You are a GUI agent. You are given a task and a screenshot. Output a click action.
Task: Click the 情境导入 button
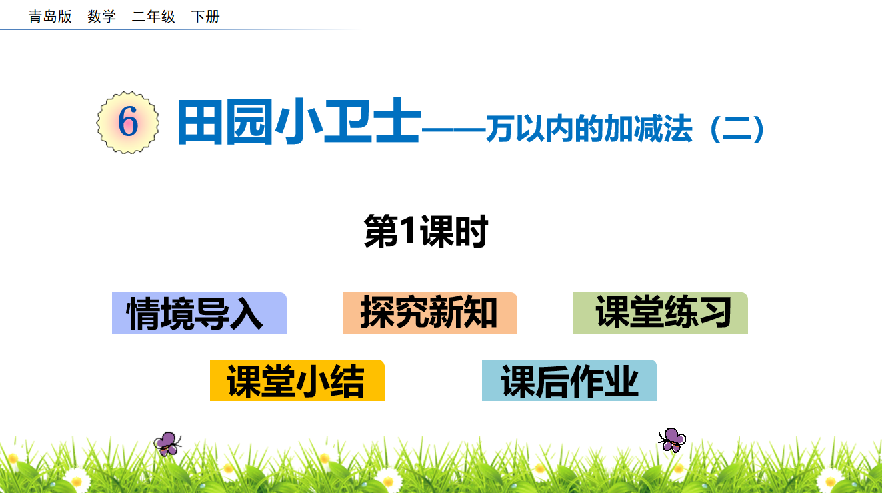[x=199, y=313]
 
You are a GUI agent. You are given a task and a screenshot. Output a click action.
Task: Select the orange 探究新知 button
[x=429, y=313]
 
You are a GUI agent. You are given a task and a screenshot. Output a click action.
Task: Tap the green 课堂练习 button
[x=660, y=313]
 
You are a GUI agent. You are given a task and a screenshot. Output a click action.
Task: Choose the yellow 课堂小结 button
[x=297, y=380]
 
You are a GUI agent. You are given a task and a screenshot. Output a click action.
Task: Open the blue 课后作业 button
[x=569, y=380]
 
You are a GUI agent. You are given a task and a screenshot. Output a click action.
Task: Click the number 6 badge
[x=128, y=123]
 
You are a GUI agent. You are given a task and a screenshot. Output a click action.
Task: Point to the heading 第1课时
[x=426, y=231]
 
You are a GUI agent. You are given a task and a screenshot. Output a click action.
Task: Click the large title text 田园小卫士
[x=299, y=122]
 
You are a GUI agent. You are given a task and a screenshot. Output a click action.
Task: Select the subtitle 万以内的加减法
[x=589, y=129]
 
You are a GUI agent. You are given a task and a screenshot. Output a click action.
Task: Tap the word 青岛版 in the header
[x=50, y=17]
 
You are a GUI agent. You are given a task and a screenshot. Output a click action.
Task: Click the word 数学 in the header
[x=101, y=17]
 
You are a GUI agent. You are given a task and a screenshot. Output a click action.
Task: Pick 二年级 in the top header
[x=153, y=17]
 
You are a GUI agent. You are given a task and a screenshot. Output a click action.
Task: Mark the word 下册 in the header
[x=205, y=17]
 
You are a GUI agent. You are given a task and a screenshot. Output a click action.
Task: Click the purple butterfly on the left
[x=167, y=444]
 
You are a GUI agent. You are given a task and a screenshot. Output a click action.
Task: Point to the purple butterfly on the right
[x=672, y=440]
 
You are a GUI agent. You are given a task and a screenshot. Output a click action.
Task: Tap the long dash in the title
[x=453, y=129]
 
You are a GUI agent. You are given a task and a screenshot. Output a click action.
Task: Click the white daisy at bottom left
[x=76, y=481]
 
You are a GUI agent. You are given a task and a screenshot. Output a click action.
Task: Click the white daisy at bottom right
[x=831, y=480]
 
